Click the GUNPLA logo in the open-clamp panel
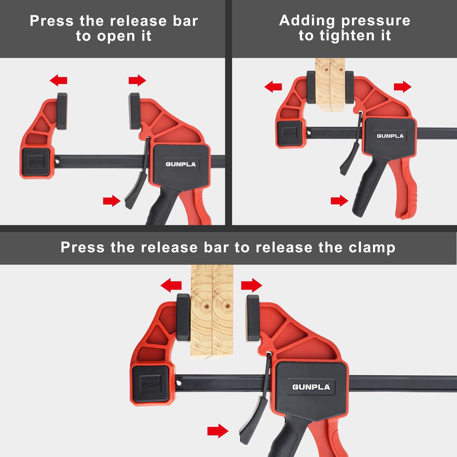click(181, 164)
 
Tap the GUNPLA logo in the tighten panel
click(390, 136)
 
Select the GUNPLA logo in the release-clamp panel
click(311, 387)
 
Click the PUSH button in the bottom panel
click(150, 383)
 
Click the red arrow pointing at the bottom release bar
click(218, 431)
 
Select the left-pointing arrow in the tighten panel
click(273, 87)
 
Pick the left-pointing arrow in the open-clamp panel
click(58, 81)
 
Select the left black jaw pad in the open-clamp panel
click(62, 111)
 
